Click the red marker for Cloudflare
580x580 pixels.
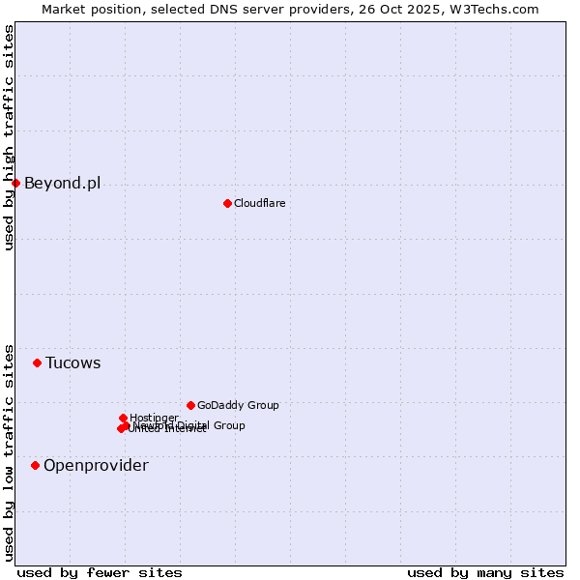(x=227, y=203)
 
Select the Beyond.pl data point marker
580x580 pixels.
(x=15, y=183)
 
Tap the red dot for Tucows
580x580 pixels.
(x=37, y=362)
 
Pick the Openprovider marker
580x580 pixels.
(x=35, y=465)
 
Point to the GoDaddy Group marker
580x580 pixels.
(x=190, y=405)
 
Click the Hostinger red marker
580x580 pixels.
(x=123, y=418)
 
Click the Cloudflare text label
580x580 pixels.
(x=259, y=203)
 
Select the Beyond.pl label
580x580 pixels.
(x=62, y=183)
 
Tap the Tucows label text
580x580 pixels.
(x=72, y=362)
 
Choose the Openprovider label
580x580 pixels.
(x=96, y=465)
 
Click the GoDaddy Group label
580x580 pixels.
(x=238, y=405)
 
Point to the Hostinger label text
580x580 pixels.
(x=154, y=418)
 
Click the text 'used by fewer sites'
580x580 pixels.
(x=100, y=572)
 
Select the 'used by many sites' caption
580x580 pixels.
(x=485, y=572)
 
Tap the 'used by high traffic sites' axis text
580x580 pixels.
(x=10, y=137)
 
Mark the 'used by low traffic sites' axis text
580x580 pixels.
(x=10, y=451)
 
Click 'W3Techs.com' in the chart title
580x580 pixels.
(x=499, y=9)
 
